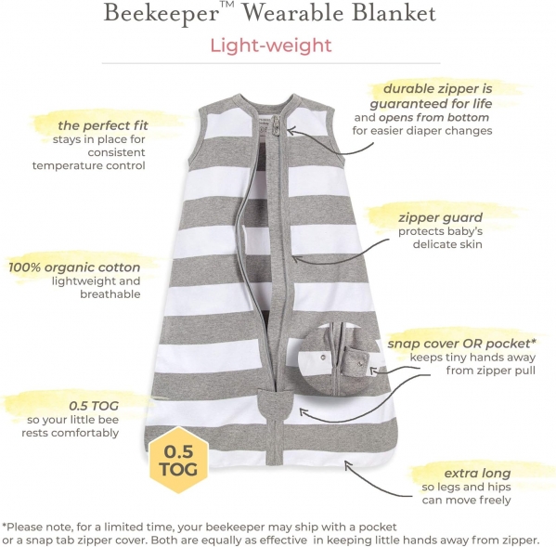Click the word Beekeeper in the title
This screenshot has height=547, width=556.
click(161, 14)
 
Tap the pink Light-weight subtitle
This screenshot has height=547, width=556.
click(271, 46)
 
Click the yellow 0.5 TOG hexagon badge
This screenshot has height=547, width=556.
click(178, 460)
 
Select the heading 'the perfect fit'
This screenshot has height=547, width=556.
click(103, 125)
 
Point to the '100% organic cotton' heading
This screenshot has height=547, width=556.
click(74, 267)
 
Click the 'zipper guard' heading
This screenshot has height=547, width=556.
click(440, 217)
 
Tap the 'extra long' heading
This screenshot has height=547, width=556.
click(477, 473)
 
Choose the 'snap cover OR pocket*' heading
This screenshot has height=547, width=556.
click(461, 344)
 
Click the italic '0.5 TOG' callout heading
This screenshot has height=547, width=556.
click(94, 406)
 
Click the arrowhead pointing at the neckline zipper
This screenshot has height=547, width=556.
click(291, 131)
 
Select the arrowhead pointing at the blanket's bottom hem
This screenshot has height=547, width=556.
click(348, 465)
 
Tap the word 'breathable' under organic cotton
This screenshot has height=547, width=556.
click(110, 294)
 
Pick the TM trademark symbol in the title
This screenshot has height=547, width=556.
click(226, 5)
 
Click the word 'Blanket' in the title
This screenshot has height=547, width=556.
click(394, 13)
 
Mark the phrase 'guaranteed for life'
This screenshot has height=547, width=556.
click(431, 104)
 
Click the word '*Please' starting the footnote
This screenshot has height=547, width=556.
click(23, 527)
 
